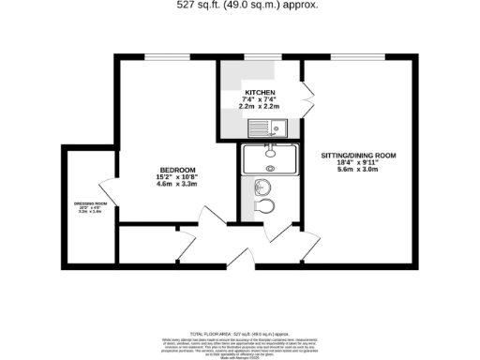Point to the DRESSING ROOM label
click(x=91, y=203)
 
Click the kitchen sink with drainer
click(x=279, y=129)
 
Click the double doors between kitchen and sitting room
click(x=307, y=94)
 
